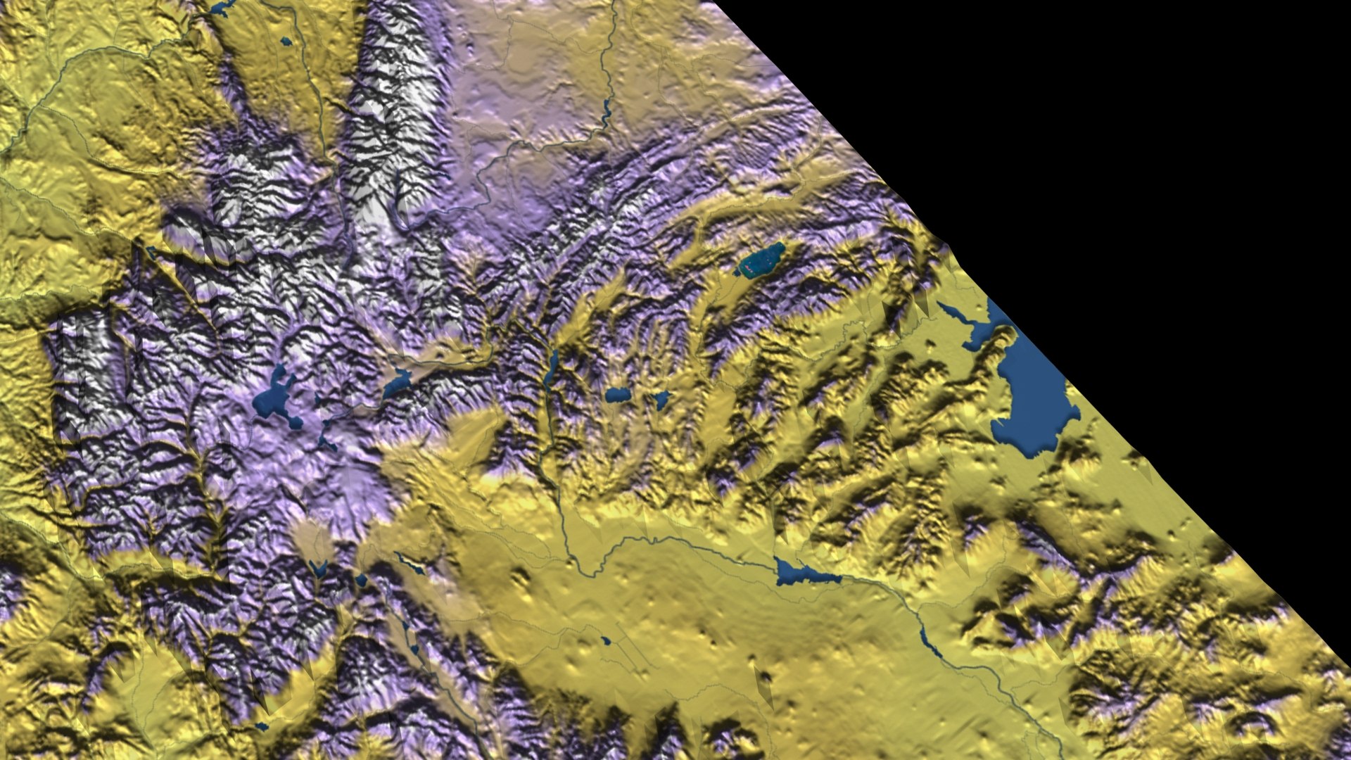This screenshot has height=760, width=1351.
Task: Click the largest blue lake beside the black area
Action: [1031, 394]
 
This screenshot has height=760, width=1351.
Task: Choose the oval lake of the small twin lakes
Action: [616, 395]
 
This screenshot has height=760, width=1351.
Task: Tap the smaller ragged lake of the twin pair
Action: [661, 400]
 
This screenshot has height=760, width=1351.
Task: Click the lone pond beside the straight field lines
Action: [606, 641]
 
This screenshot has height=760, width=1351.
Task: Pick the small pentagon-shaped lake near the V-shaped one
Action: [361, 581]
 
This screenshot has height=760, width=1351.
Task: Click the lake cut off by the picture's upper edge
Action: [222, 8]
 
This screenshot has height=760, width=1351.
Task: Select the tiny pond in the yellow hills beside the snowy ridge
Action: [286, 42]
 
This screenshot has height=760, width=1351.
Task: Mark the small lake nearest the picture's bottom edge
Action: [262, 726]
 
